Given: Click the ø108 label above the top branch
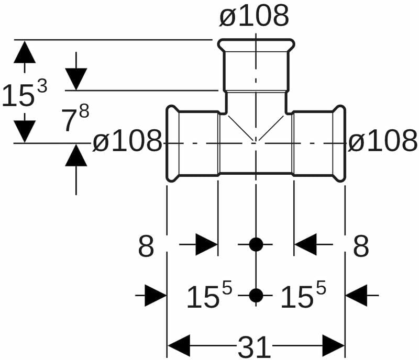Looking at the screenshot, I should coord(254,17).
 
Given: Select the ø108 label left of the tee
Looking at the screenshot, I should coord(127,141).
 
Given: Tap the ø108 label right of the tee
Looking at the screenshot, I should coord(383,141).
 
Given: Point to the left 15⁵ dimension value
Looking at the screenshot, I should coord(209,296).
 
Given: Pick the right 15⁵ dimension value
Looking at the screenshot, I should coord(303,296).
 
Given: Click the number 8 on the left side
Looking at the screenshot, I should coord(146,246).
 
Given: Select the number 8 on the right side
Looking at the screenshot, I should coord(361,246).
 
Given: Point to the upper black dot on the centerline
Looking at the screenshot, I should coord(256,244).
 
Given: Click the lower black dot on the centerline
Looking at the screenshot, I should coord(256,296).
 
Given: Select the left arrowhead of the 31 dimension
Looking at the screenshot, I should coord(178,346).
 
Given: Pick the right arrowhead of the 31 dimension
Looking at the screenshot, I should coord(333,346).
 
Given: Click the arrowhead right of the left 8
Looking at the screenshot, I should coord(206,244).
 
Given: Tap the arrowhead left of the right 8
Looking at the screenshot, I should coord(305,244).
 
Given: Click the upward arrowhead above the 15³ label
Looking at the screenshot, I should coord(25,52).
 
